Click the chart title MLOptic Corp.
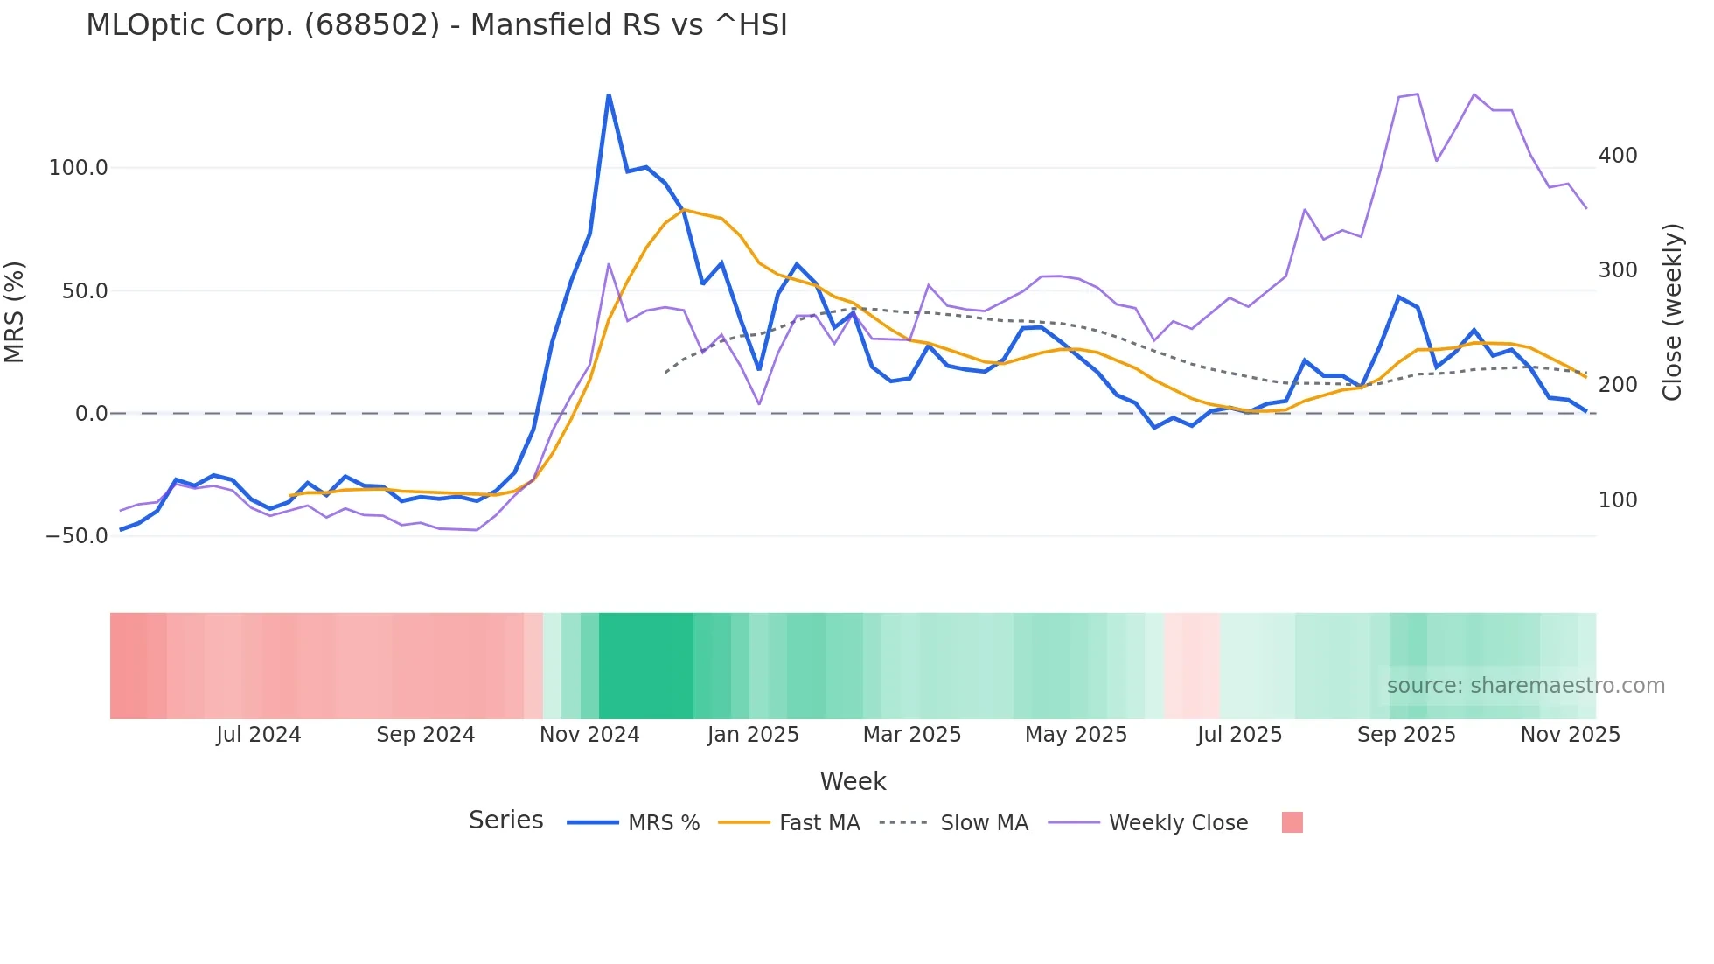coord(436,25)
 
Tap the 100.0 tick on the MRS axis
coord(78,168)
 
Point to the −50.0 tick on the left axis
coord(76,536)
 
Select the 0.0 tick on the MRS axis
coord(91,414)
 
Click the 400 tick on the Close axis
coord(1618,156)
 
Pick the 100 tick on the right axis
coord(1618,500)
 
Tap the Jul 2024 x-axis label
coord(258,735)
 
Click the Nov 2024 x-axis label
coord(589,735)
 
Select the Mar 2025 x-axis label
coord(912,735)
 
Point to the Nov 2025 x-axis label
coord(1570,735)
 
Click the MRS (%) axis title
coord(15,312)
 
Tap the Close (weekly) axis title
coord(1672,312)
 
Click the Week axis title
coord(853,781)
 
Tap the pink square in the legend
coord(1292,822)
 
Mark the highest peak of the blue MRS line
coord(609,95)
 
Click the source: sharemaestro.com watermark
coord(1525,686)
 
